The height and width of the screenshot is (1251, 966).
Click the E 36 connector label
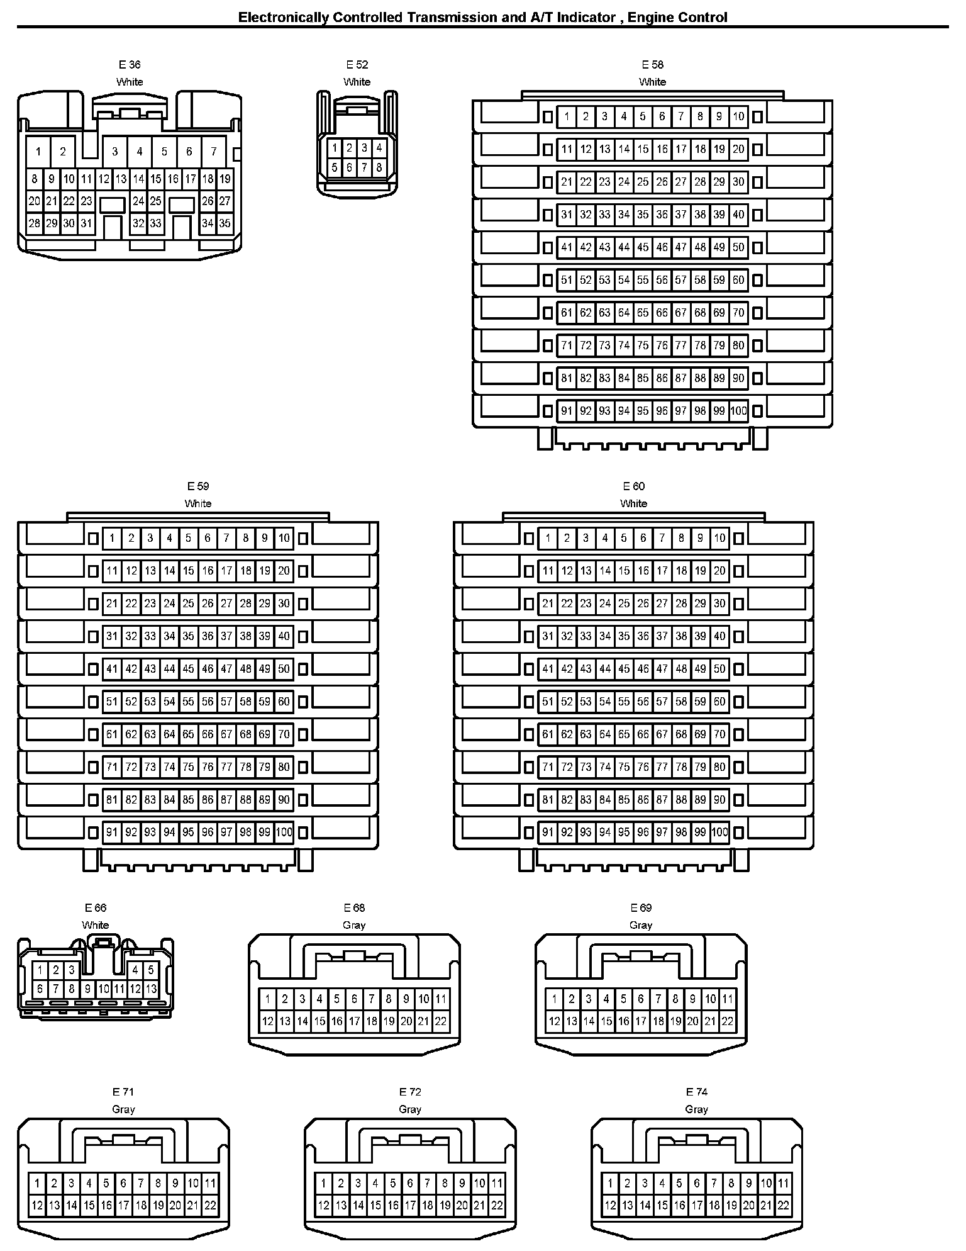(130, 65)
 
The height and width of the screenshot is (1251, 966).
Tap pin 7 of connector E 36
(214, 151)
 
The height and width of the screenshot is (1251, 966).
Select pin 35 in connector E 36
(225, 223)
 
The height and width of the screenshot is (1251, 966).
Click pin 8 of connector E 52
(379, 168)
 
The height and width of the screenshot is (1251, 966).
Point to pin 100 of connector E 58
(738, 411)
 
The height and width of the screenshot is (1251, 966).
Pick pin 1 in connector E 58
(567, 116)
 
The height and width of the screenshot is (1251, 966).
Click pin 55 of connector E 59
(188, 702)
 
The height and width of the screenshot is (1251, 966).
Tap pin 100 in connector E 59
(284, 833)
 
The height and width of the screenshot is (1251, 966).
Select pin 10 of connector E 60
(719, 538)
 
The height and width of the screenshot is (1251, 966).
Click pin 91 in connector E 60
(548, 833)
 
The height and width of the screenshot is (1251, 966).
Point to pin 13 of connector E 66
(151, 989)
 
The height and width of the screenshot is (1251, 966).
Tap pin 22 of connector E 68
(441, 1021)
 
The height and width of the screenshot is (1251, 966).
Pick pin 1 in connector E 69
(554, 999)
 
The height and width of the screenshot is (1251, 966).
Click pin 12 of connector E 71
(37, 1206)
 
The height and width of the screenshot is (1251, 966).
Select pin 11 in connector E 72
(497, 1183)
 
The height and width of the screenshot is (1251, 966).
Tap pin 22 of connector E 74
(783, 1206)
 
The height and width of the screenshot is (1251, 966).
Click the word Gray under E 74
(696, 1109)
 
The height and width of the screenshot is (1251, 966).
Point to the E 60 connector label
(633, 486)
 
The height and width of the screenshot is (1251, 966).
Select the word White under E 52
(357, 82)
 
